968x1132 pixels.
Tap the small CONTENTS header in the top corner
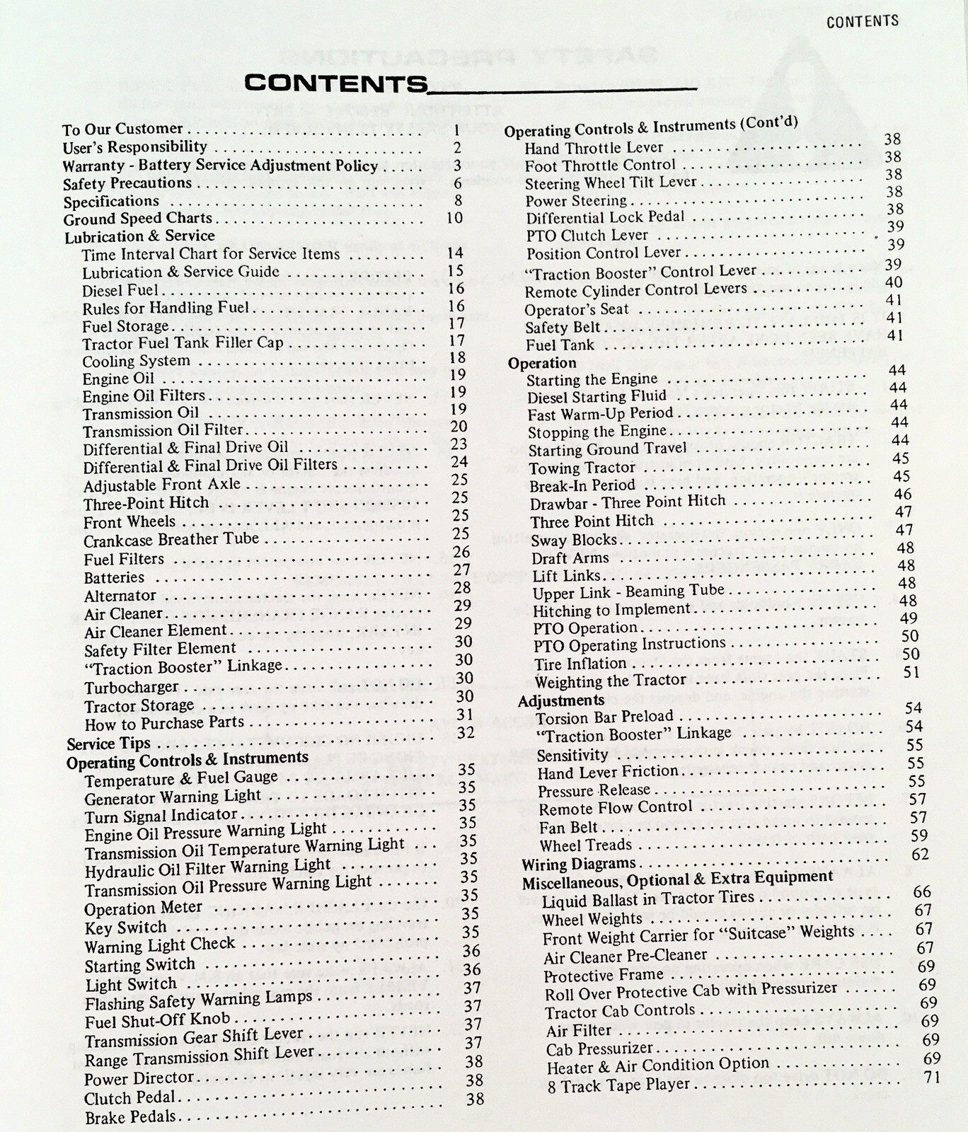pyautogui.click(x=862, y=21)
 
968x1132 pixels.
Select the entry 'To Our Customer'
pyautogui.click(x=122, y=129)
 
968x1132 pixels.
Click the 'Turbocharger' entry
pyautogui.click(x=132, y=688)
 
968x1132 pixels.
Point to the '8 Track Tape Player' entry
pyautogui.click(x=618, y=1085)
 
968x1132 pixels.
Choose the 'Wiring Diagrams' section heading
pyautogui.click(x=579, y=864)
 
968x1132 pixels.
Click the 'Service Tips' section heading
pyautogui.click(x=108, y=744)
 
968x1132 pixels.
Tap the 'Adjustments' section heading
pyautogui.click(x=561, y=700)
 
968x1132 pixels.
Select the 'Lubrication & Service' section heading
pyautogui.click(x=139, y=236)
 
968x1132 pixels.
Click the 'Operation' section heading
pyautogui.click(x=542, y=363)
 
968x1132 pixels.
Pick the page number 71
pyautogui.click(x=933, y=1077)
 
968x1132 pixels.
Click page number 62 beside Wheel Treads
pyautogui.click(x=920, y=854)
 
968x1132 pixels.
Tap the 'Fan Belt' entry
pyautogui.click(x=568, y=827)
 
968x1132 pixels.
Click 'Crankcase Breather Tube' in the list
pyautogui.click(x=171, y=540)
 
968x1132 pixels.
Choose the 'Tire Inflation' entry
pyautogui.click(x=580, y=664)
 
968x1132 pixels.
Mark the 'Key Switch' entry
pyautogui.click(x=126, y=928)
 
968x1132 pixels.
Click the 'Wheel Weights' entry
pyautogui.click(x=592, y=919)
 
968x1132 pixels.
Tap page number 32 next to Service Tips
pyautogui.click(x=466, y=733)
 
